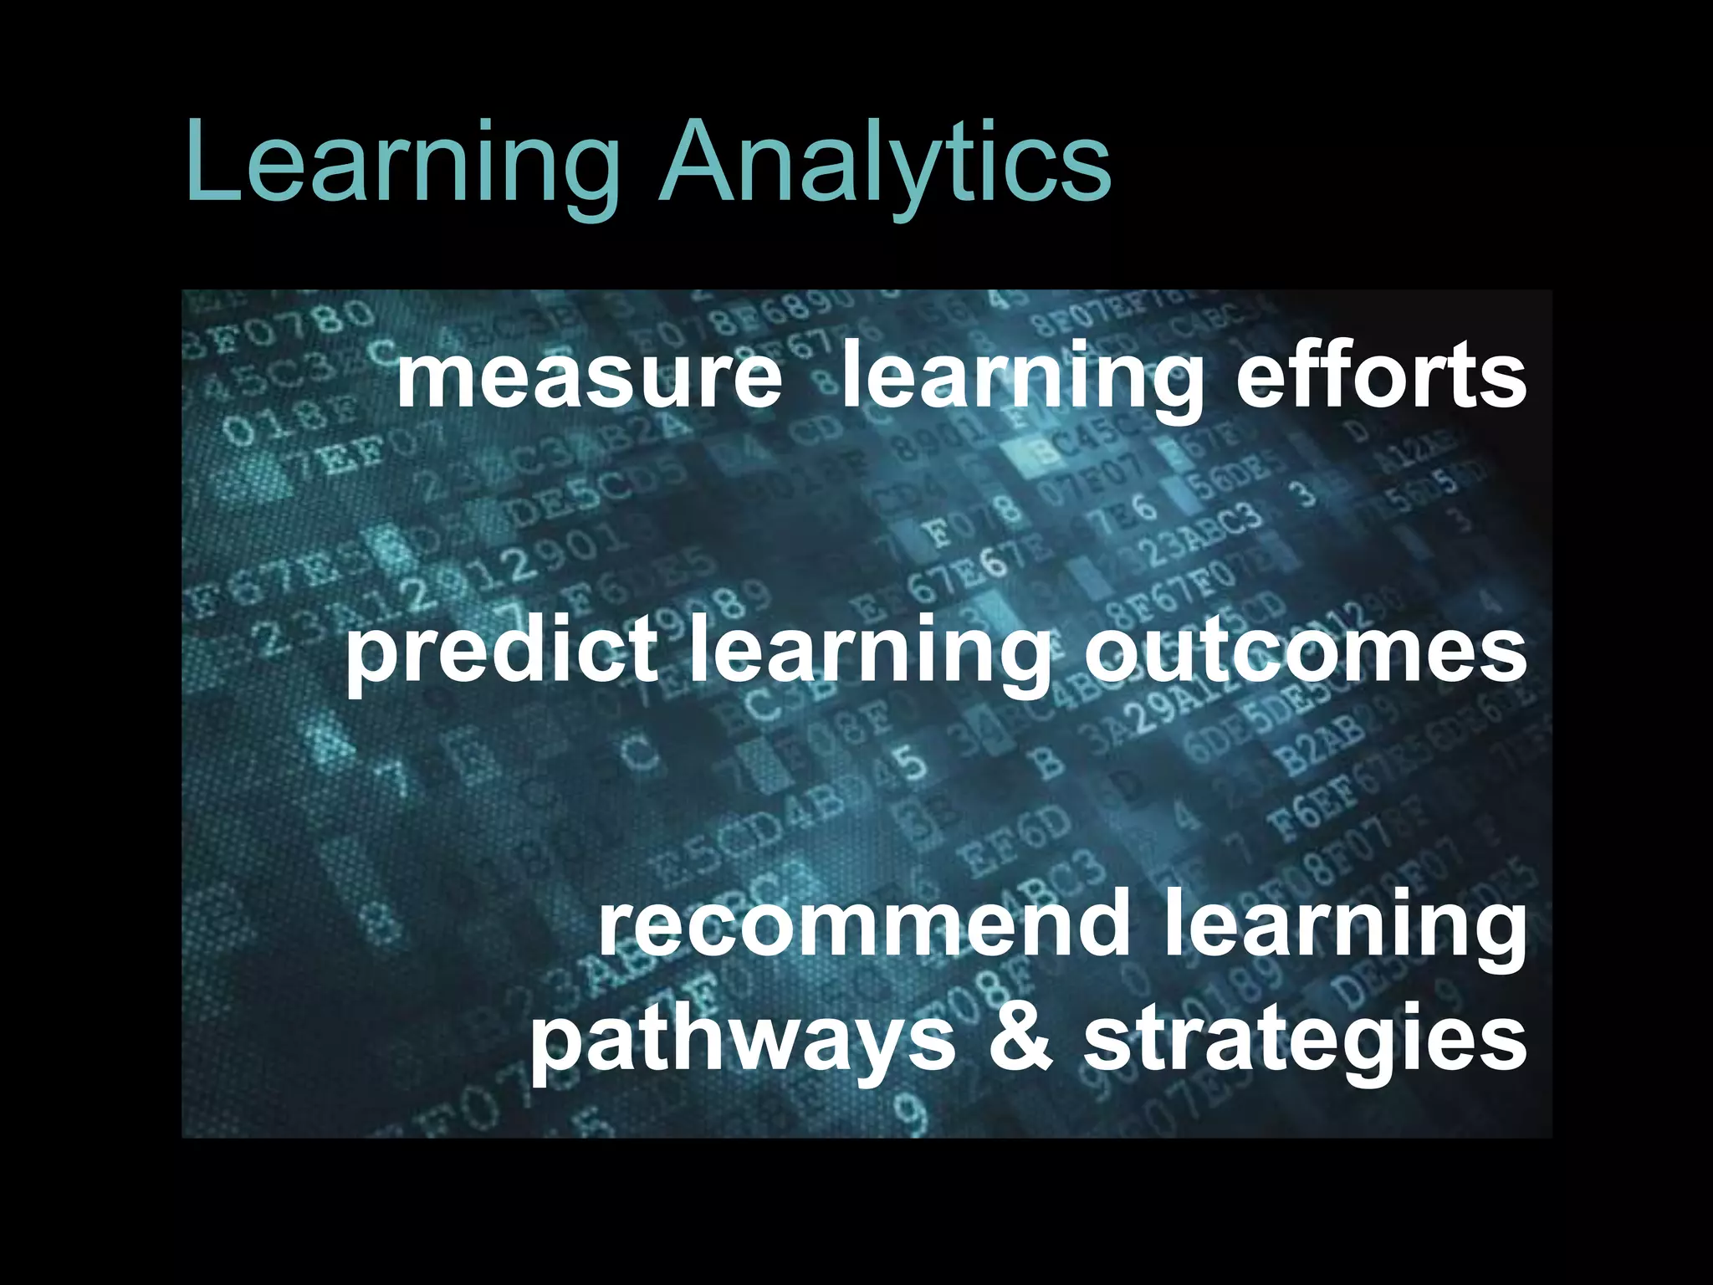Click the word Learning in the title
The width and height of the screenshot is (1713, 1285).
402,164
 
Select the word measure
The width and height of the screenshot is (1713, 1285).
589,376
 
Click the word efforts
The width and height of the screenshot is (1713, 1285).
1381,376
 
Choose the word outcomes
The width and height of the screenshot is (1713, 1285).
1306,651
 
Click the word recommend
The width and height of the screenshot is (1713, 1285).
862,924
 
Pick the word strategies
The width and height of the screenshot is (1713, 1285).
1305,1042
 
